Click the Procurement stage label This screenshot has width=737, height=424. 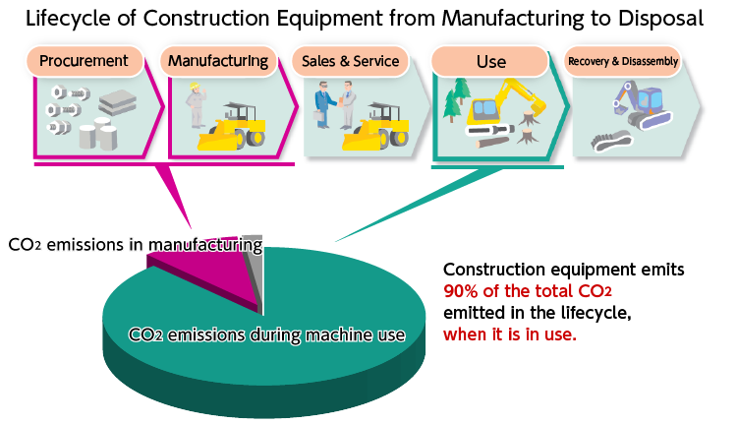(85, 61)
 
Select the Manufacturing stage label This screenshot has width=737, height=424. (218, 61)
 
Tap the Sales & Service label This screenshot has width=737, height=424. (350, 61)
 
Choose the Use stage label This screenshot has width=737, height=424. (490, 61)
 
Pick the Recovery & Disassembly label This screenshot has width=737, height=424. (623, 61)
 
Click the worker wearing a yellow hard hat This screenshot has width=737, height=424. (196, 105)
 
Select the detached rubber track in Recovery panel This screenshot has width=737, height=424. (611, 141)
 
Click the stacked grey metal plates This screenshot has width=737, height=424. (118, 102)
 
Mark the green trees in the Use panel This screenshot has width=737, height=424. (457, 98)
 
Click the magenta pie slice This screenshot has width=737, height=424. (211, 275)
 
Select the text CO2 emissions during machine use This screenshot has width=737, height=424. (266, 334)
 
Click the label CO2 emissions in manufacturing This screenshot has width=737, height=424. (136, 245)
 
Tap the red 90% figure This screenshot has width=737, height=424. (460, 291)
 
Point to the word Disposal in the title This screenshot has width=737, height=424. (661, 19)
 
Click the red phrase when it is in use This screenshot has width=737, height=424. (509, 334)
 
